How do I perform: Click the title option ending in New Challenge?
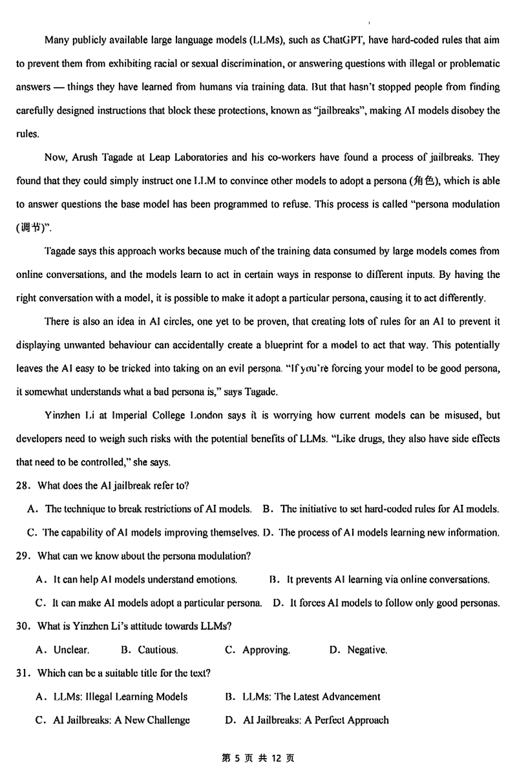(x=113, y=720)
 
